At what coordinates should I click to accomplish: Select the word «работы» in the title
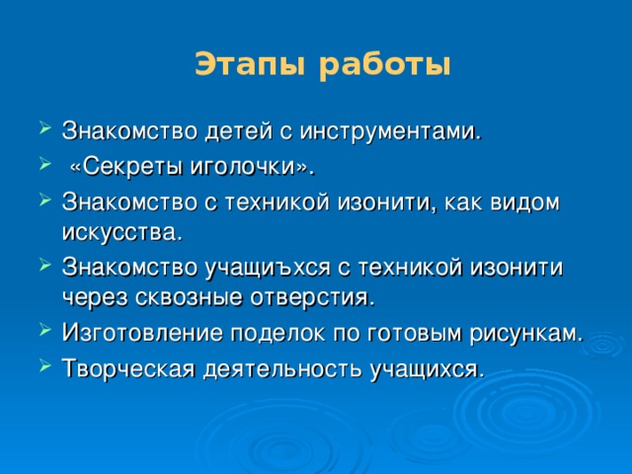(385, 66)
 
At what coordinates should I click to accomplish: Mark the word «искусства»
(120, 233)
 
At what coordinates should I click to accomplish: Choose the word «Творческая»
(128, 368)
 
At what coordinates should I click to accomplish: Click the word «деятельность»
(297, 368)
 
